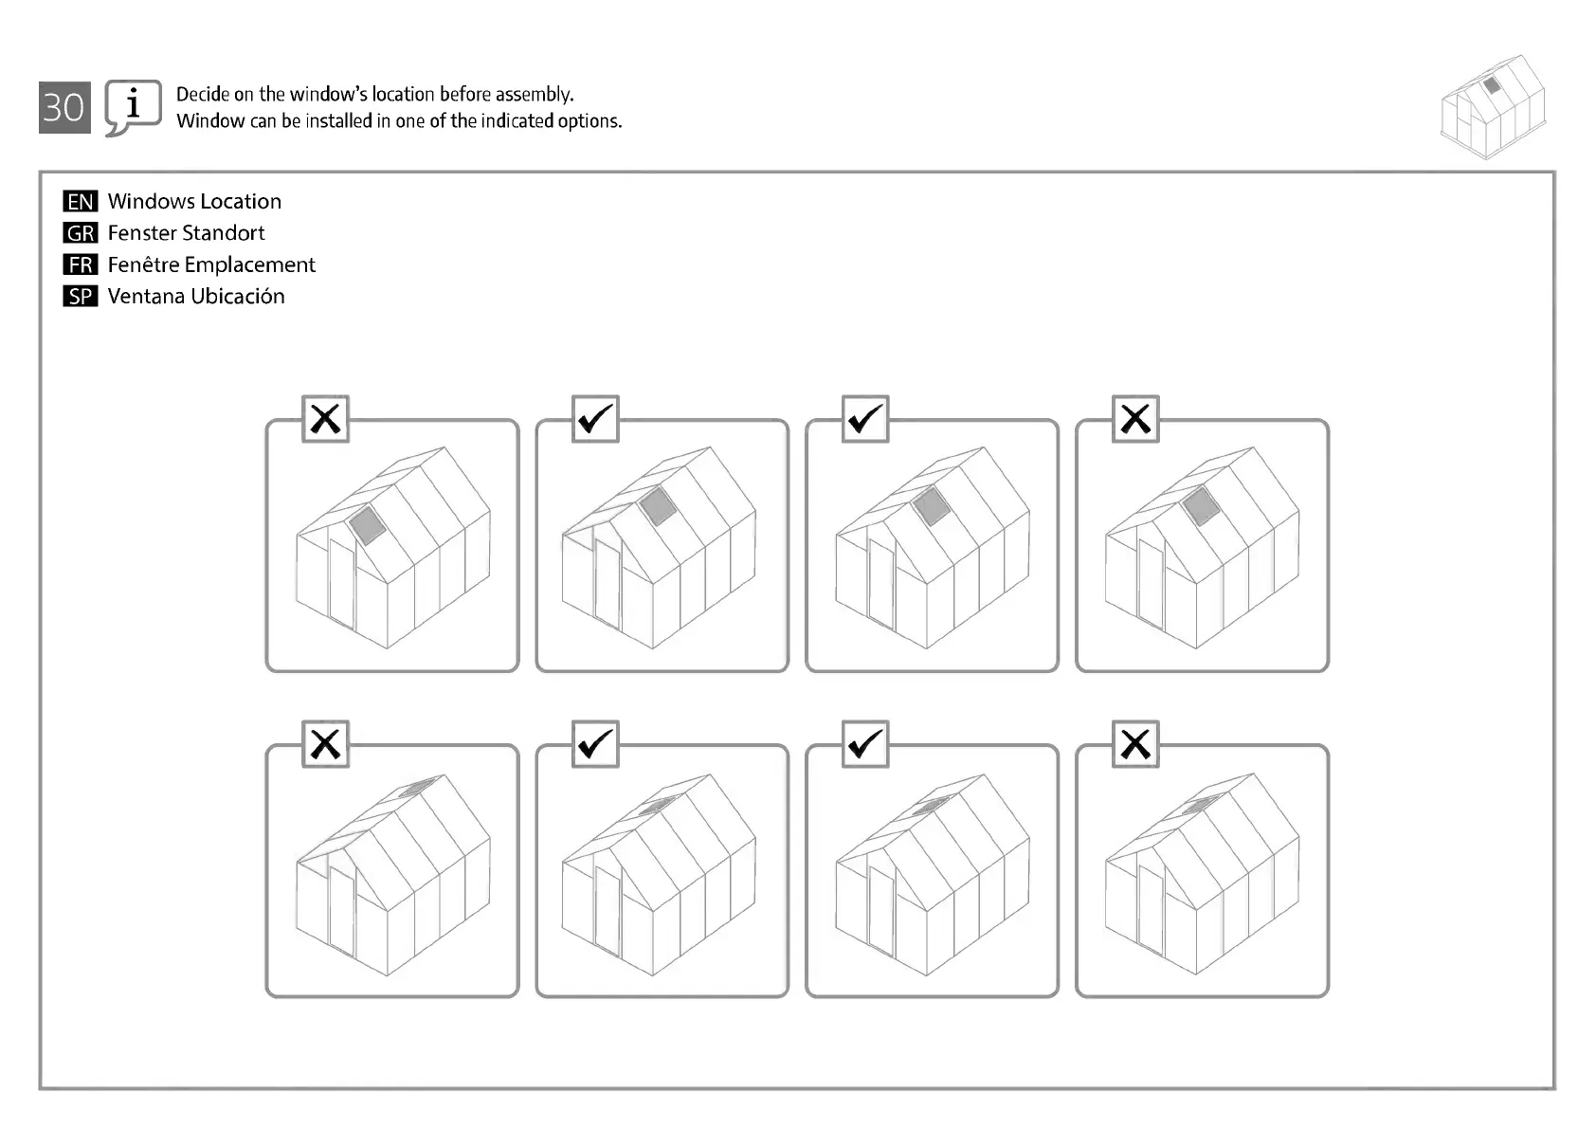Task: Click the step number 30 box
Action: coord(64,107)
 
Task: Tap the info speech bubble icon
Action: coord(132,106)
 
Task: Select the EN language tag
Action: coord(81,201)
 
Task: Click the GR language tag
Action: coord(81,233)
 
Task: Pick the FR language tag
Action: coord(81,264)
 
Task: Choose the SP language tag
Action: coord(81,297)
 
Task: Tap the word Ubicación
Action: coord(238,297)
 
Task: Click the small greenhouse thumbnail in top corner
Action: coord(1492,106)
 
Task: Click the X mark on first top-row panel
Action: coord(326,419)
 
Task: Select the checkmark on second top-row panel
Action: coord(595,419)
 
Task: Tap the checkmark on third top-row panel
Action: coord(865,419)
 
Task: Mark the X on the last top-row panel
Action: coord(1135,419)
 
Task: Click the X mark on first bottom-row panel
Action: coord(326,744)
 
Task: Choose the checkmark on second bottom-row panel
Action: coord(595,744)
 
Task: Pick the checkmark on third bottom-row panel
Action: coord(865,744)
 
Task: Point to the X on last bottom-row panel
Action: coord(1135,744)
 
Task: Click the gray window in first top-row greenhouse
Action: coord(367,524)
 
